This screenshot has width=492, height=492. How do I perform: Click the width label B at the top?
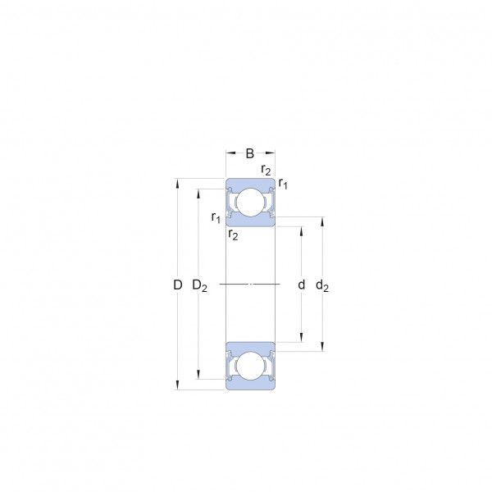250,154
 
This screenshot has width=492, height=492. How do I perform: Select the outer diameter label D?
178,285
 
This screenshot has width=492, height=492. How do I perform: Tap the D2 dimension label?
199,286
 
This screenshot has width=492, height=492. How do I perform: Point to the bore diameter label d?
301,285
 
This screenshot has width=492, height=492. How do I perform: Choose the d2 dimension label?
322,286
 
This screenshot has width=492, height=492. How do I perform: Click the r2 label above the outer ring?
266,170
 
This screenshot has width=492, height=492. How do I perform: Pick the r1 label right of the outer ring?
283,183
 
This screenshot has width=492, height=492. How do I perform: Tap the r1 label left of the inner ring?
216,217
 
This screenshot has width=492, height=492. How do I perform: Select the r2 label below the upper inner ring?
233,235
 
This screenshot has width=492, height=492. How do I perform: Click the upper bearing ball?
250,203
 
